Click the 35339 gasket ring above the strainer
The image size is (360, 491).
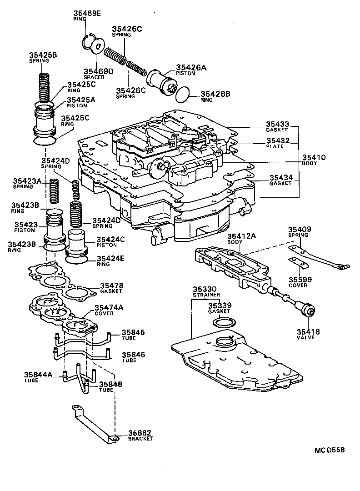[224, 323]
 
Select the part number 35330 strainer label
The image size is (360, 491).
[205, 289]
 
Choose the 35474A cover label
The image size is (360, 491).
[109, 308]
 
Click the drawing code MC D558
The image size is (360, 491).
[330, 450]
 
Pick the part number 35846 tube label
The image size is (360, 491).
[132, 355]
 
